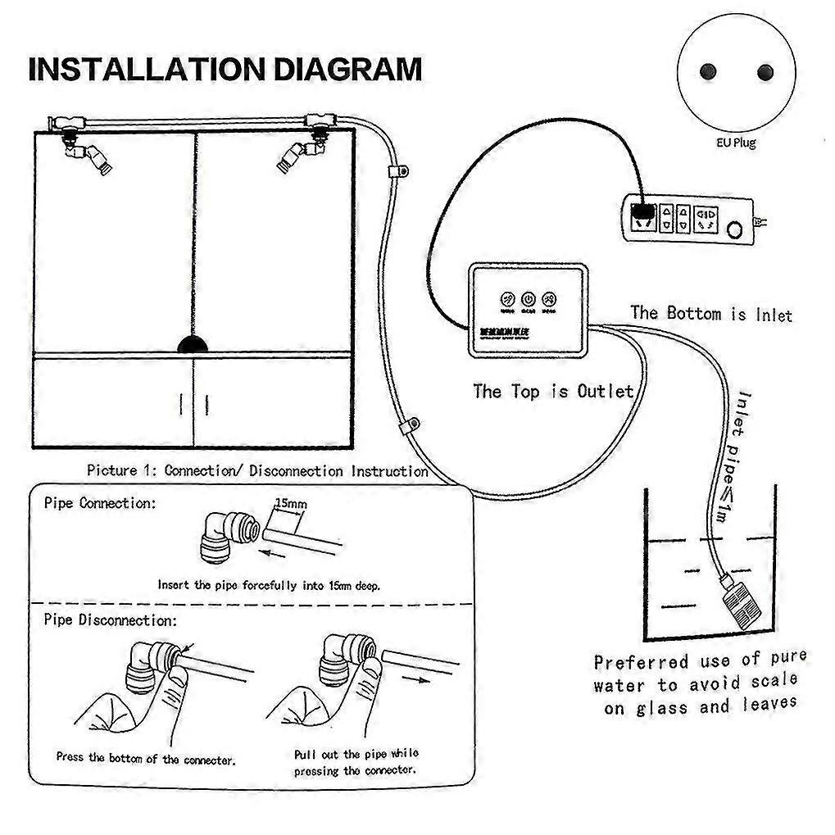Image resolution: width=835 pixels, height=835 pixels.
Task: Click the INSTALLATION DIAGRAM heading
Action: click(x=225, y=70)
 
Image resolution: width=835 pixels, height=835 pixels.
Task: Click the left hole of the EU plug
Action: click(x=708, y=72)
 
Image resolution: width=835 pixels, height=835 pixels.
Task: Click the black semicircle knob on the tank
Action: click(x=193, y=344)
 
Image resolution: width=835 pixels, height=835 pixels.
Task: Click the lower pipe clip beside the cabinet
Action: click(x=407, y=426)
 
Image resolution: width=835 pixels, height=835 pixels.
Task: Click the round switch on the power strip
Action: click(x=738, y=227)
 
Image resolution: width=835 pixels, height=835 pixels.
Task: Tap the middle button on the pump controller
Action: click(x=529, y=300)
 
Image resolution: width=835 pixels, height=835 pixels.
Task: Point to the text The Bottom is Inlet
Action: click(x=711, y=313)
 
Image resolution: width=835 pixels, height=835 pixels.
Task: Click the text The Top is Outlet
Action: click(x=553, y=391)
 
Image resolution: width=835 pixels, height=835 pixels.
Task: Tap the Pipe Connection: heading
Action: click(x=98, y=503)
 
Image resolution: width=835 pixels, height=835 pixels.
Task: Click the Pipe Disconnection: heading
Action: click(x=110, y=620)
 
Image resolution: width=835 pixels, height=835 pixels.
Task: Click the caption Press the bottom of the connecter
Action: click(x=146, y=759)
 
